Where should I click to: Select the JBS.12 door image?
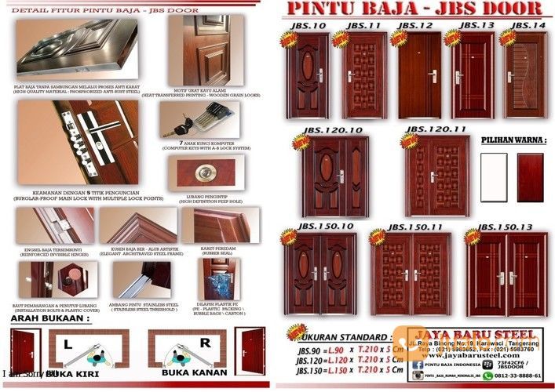(418, 75)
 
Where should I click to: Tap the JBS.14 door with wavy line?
(524, 75)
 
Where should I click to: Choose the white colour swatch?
(494, 178)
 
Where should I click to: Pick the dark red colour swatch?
(530, 178)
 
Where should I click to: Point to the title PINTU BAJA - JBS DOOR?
(414, 10)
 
